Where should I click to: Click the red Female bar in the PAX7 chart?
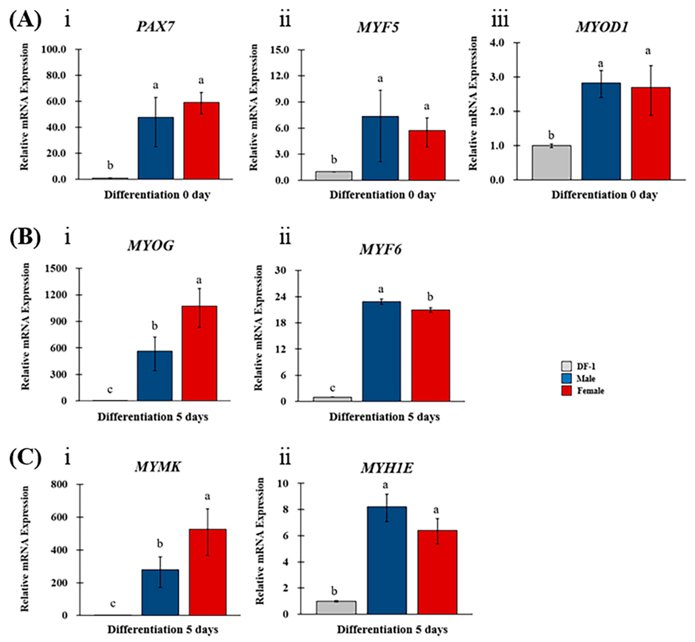[201, 141]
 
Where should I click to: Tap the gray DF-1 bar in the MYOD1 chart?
[551, 162]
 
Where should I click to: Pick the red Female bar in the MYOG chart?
[199, 353]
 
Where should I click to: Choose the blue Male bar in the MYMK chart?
[160, 592]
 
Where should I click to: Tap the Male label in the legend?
[586, 378]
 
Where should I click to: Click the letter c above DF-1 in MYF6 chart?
[332, 388]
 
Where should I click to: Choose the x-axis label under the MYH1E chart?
[392, 629]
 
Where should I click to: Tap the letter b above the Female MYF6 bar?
[430, 297]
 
